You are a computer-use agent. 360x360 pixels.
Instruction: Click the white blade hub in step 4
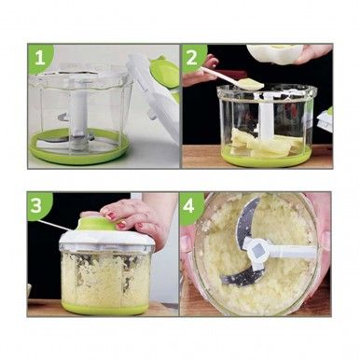(x=260, y=249)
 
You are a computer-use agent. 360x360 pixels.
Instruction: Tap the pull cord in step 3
(x=56, y=224)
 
